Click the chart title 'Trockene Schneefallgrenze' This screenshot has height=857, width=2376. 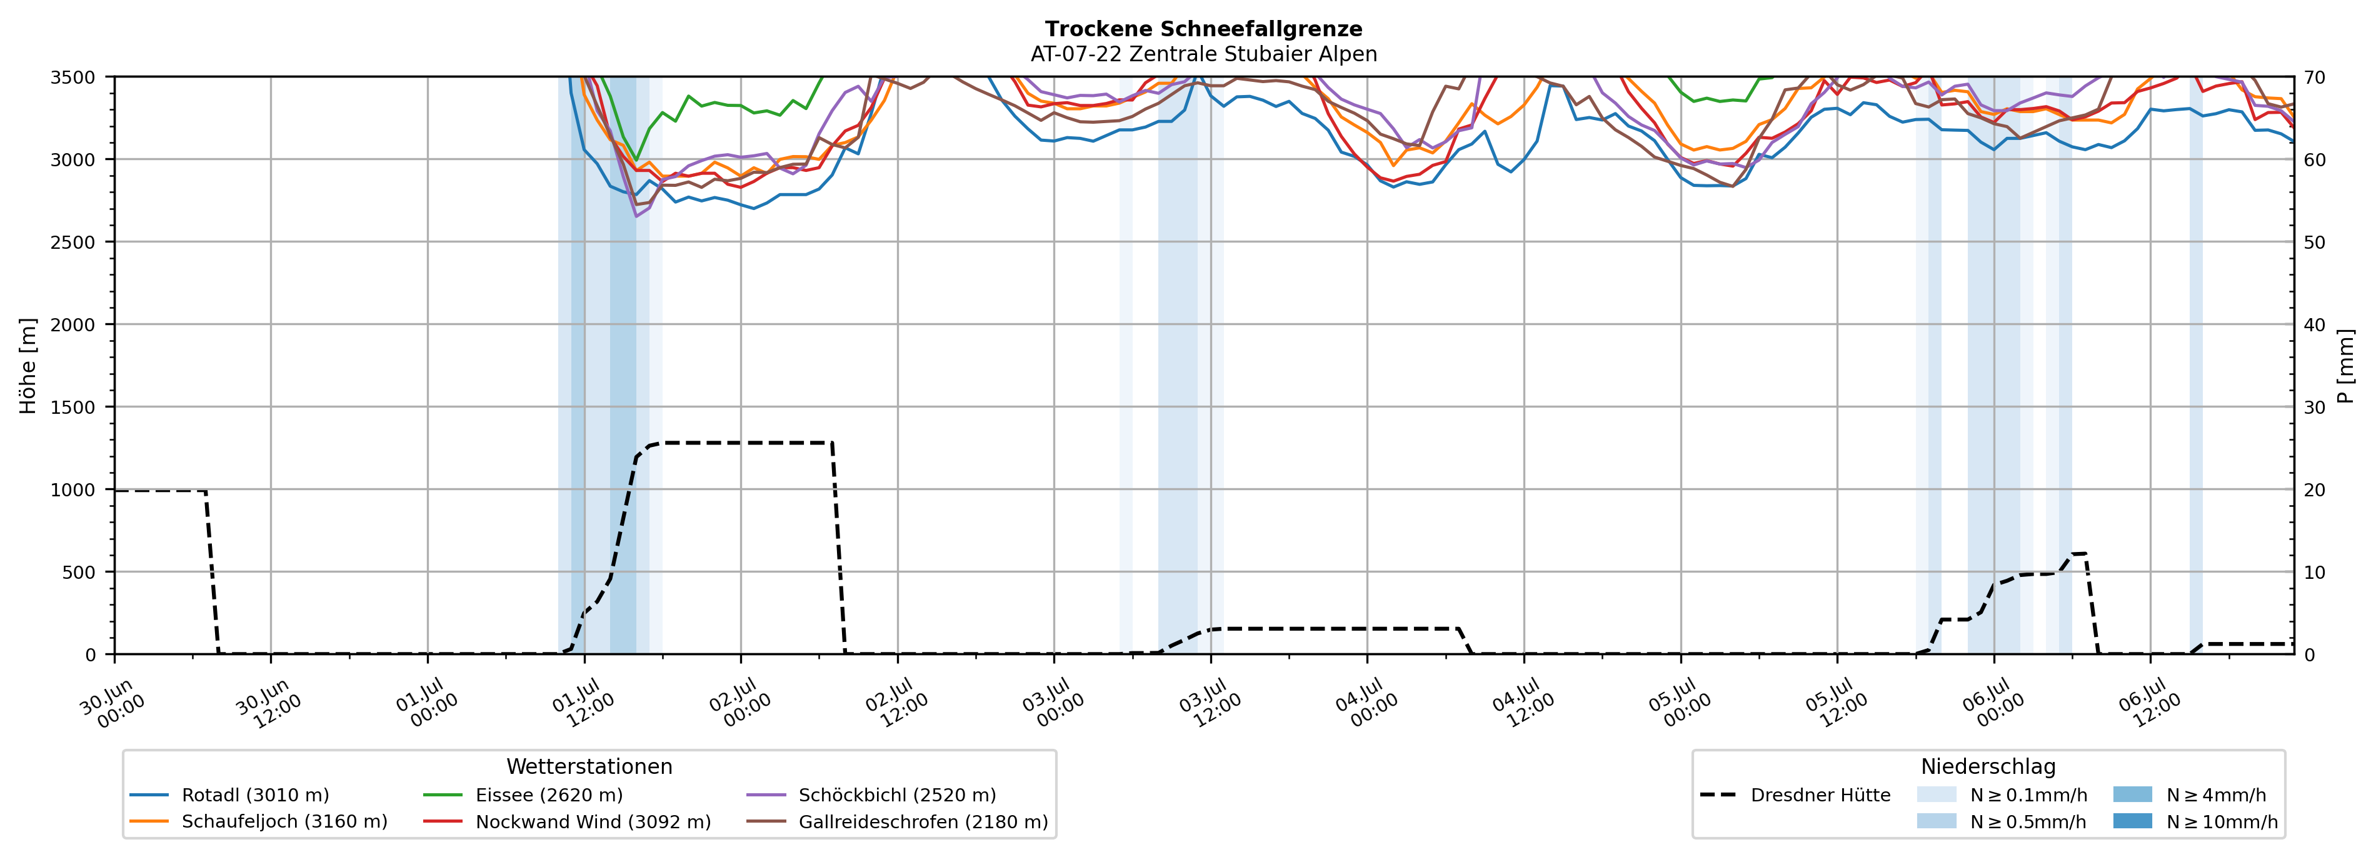(x=1204, y=29)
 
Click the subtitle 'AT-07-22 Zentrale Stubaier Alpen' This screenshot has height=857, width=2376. (x=1204, y=54)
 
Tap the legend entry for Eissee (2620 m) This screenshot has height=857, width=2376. (x=523, y=795)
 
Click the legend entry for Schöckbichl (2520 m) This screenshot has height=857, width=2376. (x=871, y=795)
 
